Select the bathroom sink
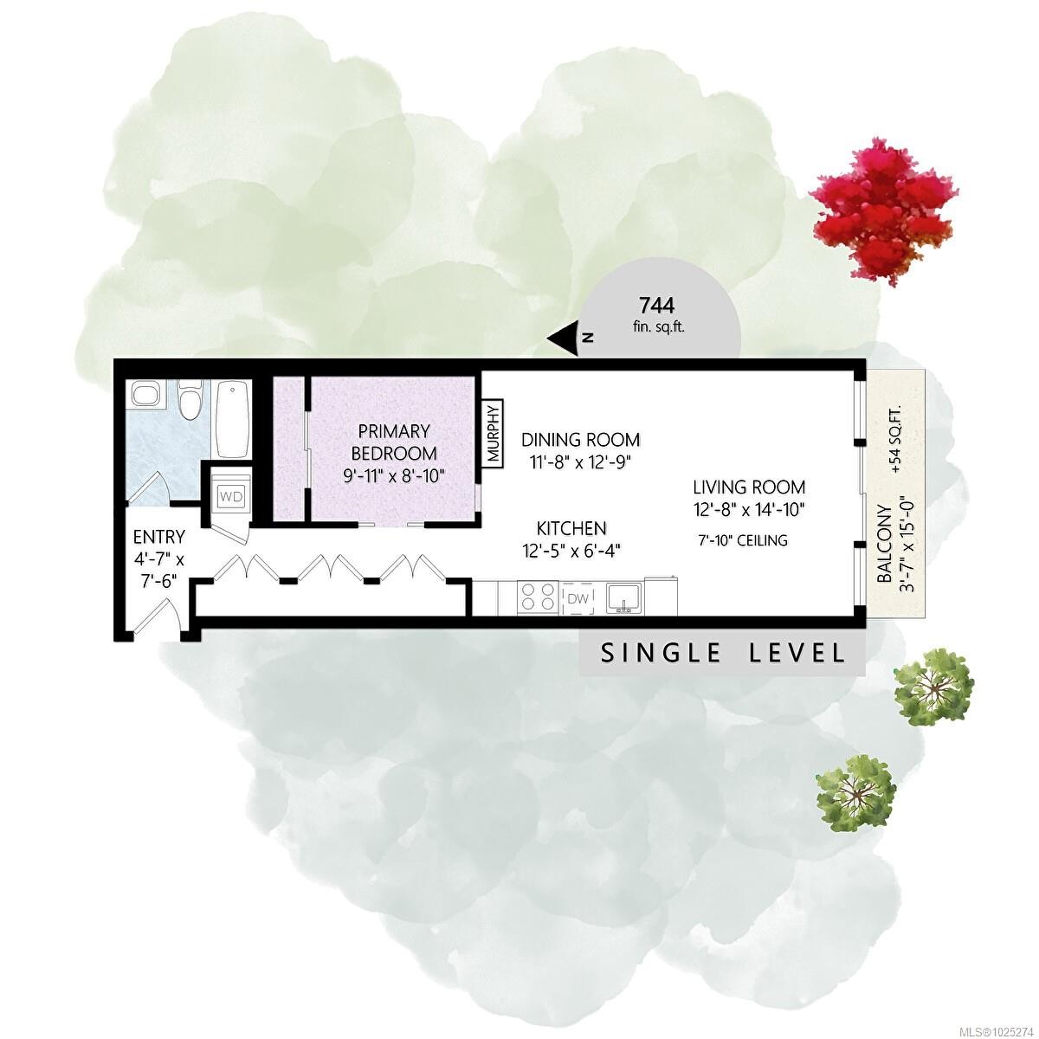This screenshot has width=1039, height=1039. (146, 394)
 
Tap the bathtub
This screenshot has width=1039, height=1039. (233, 419)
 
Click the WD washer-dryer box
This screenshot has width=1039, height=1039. (231, 496)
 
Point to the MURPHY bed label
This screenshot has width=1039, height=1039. (494, 433)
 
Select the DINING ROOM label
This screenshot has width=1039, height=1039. (580, 440)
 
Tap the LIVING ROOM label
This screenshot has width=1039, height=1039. (749, 487)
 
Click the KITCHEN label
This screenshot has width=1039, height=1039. (571, 527)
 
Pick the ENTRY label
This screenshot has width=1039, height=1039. (159, 537)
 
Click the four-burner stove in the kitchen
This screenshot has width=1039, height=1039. (538, 597)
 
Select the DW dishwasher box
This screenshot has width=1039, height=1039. (578, 597)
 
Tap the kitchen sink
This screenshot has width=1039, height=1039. (623, 597)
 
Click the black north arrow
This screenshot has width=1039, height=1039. (563, 339)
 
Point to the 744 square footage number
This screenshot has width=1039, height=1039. (656, 306)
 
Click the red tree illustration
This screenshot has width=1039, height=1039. (885, 214)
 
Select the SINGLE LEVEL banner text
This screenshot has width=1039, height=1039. (722, 654)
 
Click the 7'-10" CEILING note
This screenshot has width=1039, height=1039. (743, 540)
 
